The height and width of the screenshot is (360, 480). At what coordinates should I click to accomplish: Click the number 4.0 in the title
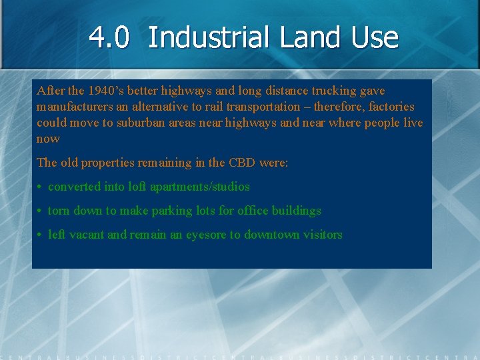click(109, 38)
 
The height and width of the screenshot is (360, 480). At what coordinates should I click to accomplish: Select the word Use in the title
click(376, 38)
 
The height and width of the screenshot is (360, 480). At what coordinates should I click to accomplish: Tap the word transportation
click(263, 107)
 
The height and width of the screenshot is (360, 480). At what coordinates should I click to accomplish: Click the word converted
click(73, 187)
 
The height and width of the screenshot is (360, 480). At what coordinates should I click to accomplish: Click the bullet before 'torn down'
click(41, 211)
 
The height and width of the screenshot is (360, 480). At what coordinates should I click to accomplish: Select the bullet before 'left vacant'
click(41, 235)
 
